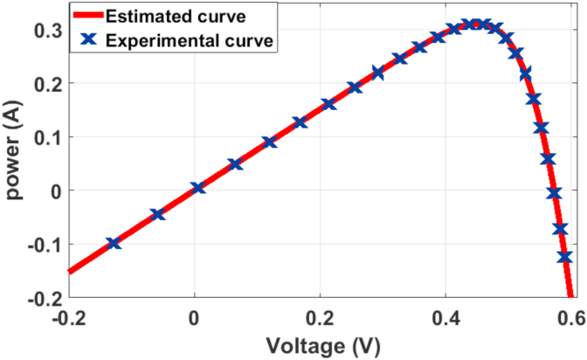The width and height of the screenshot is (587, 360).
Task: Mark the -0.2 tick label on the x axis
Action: click(67, 317)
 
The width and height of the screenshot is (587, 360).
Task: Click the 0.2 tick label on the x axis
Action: click(320, 317)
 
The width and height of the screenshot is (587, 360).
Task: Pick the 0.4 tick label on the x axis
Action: click(445, 317)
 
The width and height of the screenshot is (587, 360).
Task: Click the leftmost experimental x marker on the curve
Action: click(114, 243)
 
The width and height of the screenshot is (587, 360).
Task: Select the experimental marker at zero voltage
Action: click(197, 188)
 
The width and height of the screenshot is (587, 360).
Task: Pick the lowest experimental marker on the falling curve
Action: click(564, 257)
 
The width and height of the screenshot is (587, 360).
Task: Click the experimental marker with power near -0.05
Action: click(158, 214)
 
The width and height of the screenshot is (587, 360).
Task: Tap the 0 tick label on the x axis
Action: click(194, 317)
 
